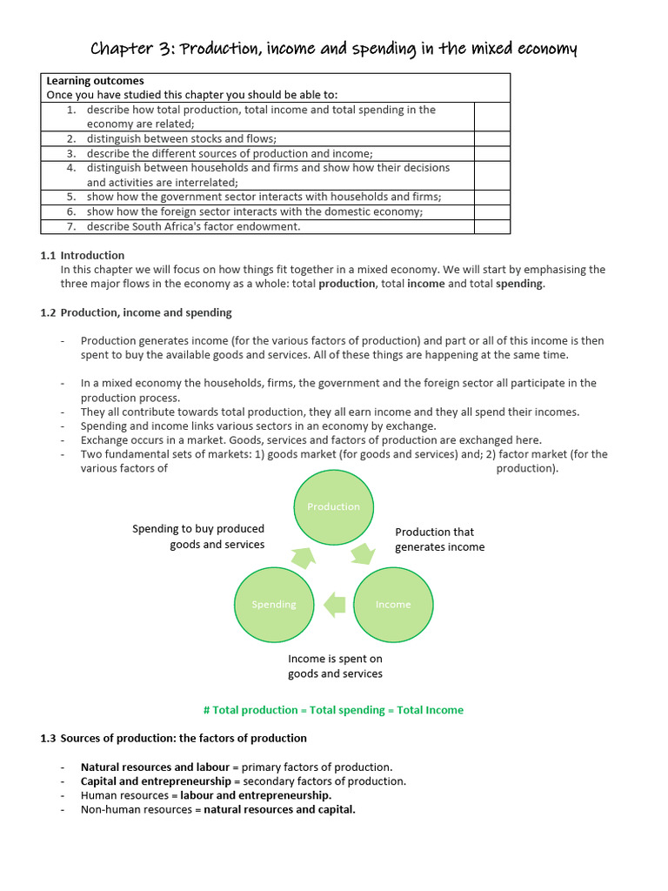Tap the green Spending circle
coord(274,605)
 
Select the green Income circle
coord(393,605)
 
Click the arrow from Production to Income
coord(363,554)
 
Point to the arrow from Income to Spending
coord(334,604)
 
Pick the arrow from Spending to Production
coord(304,555)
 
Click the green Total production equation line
coord(333,710)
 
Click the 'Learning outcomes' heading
coord(95,81)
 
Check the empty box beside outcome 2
coord(491,138)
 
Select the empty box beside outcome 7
coord(491,226)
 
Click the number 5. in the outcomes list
coord(71,197)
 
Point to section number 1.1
coord(48,255)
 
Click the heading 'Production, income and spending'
coord(146,312)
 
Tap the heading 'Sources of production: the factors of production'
coord(184,738)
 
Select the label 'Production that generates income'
coord(439,539)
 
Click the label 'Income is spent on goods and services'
coord(335,667)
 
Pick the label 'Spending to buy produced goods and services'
coord(198,536)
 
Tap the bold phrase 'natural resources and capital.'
coord(279,809)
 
